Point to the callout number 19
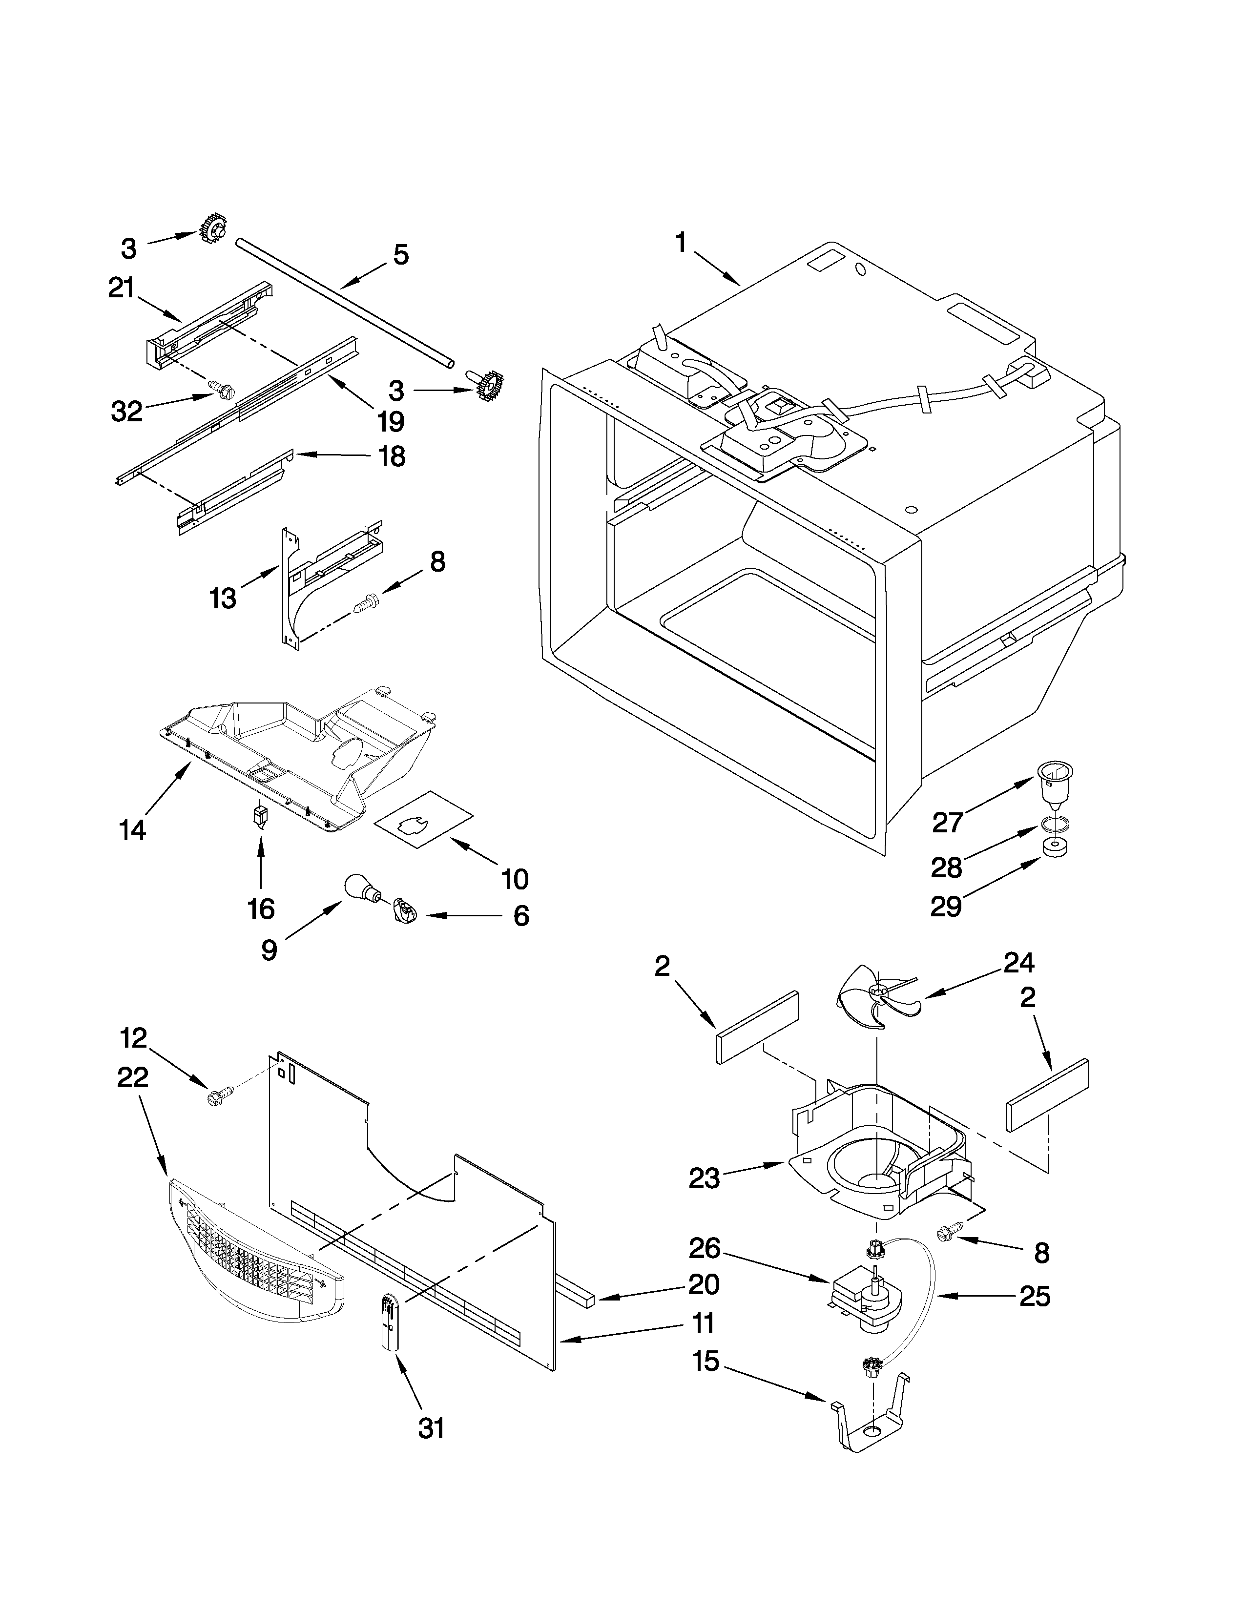coord(390,421)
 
